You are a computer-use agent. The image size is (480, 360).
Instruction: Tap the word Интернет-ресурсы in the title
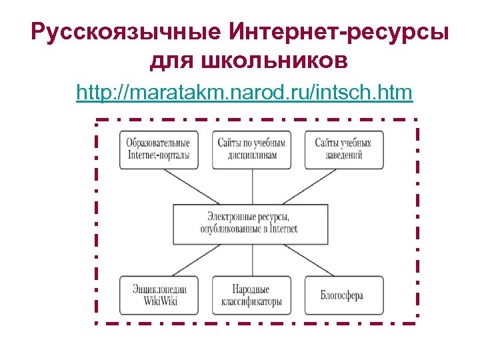pos(339,32)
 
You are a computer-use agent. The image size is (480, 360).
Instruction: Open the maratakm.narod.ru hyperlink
pos(245,92)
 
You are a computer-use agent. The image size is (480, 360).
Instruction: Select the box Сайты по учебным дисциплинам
pos(251,149)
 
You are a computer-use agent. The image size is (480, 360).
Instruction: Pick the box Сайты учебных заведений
pos(344,149)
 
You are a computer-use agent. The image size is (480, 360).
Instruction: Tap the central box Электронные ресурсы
pos(250,223)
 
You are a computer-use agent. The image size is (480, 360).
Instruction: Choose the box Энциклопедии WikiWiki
pos(159,295)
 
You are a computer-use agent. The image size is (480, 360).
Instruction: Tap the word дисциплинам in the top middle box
pos(251,155)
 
